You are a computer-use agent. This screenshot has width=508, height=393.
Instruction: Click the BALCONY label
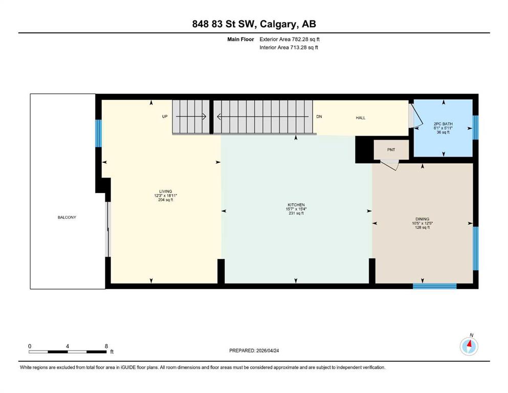point(67,217)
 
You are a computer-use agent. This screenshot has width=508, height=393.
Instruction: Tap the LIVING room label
point(166,191)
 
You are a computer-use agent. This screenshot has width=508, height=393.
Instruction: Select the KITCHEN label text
point(296,205)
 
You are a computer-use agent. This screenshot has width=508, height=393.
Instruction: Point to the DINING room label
point(423,219)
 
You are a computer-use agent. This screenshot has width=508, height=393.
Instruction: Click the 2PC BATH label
point(443,124)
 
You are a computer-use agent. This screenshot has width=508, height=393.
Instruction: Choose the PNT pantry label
point(391,150)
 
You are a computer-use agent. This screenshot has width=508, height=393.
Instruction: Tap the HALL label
point(361,118)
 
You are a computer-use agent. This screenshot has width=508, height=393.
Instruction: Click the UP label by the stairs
point(165,116)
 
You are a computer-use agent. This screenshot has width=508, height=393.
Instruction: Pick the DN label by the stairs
point(319,117)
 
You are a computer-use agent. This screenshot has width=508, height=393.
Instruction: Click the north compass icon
point(469,346)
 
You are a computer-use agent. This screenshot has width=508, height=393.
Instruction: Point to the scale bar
point(68,352)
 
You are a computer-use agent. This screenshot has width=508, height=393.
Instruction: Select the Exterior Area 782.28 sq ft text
point(290,39)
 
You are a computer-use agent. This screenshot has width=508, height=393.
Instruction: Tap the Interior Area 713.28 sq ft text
point(289,47)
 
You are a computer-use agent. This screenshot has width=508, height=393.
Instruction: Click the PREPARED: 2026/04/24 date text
point(254,351)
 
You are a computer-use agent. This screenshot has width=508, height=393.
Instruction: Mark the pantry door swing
point(390,165)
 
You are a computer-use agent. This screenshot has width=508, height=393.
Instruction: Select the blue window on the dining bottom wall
point(434,286)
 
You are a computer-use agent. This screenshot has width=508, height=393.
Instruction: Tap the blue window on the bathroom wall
point(475,127)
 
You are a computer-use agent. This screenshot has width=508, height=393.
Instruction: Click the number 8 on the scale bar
point(106,346)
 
